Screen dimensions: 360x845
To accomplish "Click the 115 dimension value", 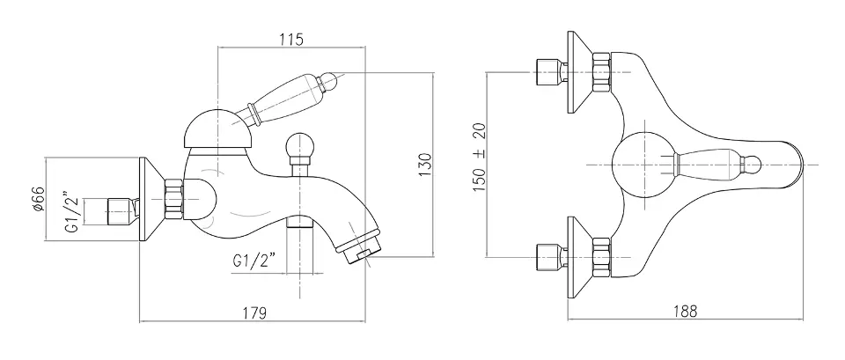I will (291, 39).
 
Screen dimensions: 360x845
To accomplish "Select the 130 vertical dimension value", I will (425, 165).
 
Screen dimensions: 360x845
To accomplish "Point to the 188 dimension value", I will (686, 311).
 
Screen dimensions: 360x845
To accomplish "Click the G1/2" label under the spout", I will (254, 262).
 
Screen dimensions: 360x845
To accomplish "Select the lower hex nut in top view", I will (602, 255).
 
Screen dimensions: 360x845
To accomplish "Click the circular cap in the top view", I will (643, 164).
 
